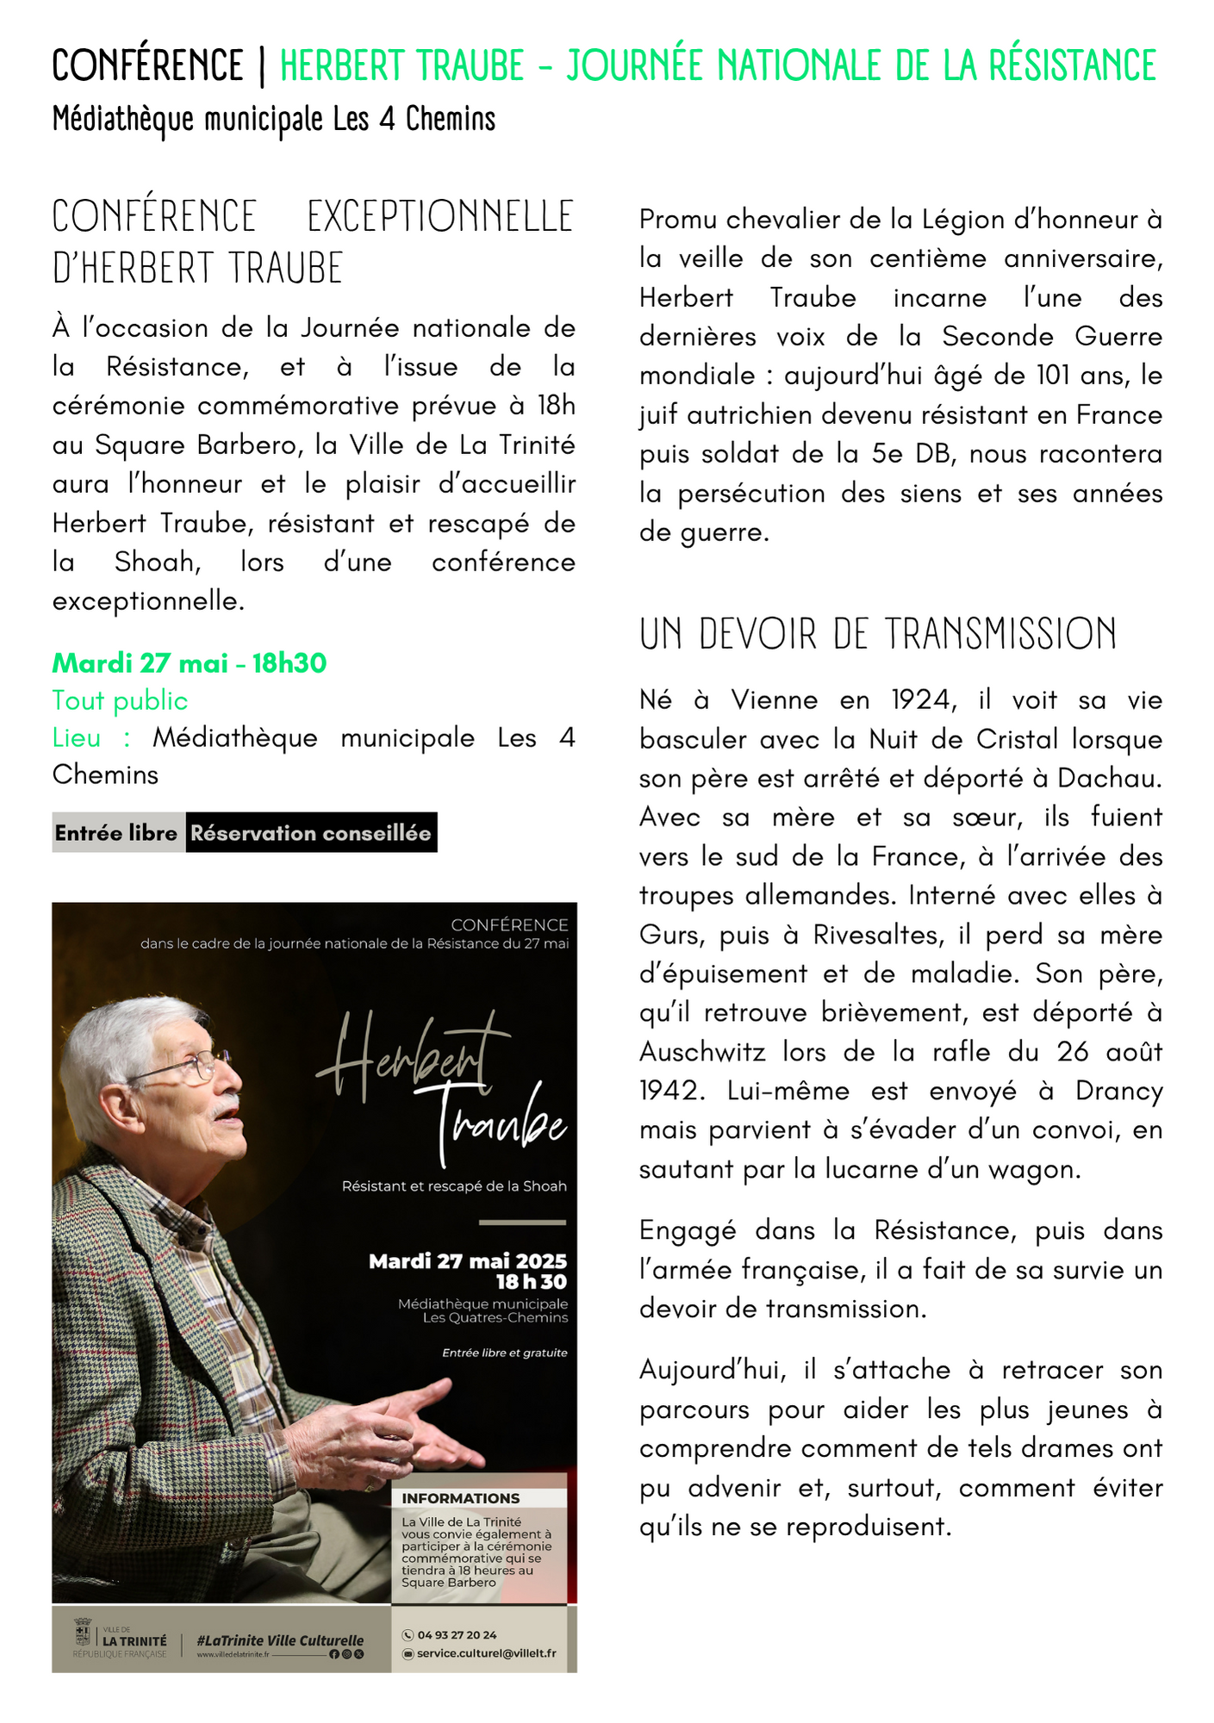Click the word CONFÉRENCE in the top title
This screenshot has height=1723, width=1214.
click(x=147, y=65)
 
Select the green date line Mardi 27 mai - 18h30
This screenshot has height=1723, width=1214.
click(x=190, y=663)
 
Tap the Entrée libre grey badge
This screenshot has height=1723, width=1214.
click(x=116, y=833)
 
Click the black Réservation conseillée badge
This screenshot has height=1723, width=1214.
click(x=310, y=833)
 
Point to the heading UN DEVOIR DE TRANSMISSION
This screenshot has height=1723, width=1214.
click(x=877, y=634)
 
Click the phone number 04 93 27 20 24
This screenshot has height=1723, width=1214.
click(x=457, y=1635)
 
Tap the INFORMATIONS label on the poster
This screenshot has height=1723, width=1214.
click(x=460, y=1499)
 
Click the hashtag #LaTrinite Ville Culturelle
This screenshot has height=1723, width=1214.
click(x=280, y=1641)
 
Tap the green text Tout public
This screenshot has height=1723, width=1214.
click(x=120, y=701)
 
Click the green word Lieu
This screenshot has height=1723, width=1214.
click(x=76, y=738)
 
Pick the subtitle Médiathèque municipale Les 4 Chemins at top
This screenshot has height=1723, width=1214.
click(x=274, y=119)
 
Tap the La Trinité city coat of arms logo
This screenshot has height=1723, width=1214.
click(x=84, y=1633)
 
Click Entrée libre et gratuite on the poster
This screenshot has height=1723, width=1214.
click(x=504, y=1353)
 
